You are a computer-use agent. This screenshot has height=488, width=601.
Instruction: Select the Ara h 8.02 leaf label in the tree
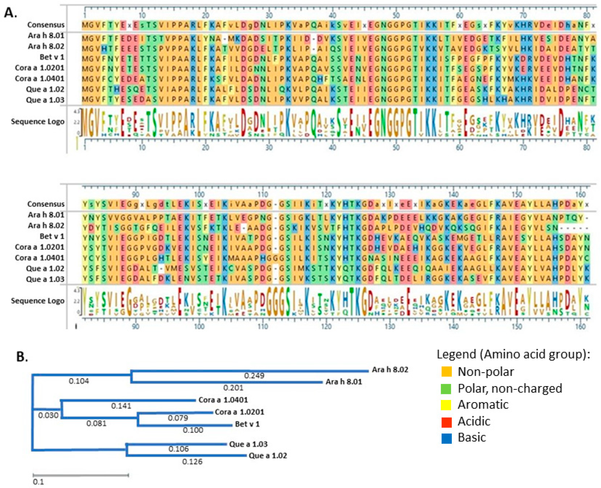coord(390,370)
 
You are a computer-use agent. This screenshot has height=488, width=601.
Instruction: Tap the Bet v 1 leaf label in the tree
coord(247,424)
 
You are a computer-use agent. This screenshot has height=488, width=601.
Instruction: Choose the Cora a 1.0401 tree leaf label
coord(223,400)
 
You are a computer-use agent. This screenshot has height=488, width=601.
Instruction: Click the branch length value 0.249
coord(254,376)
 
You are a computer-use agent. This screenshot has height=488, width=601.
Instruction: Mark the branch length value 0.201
coord(233,388)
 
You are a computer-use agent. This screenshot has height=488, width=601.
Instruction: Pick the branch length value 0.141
coord(121,406)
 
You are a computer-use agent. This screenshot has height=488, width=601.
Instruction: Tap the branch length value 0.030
coord(48,415)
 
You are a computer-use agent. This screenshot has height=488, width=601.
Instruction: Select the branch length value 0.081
coord(97,423)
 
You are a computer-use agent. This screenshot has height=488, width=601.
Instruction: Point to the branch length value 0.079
coord(178,418)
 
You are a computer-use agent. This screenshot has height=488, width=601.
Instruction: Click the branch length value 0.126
coord(192,462)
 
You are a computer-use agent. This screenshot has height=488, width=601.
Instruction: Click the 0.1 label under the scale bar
coord(38,482)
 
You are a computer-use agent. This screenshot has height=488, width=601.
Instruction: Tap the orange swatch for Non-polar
coord(446,372)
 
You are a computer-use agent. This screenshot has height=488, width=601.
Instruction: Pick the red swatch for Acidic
coord(446,422)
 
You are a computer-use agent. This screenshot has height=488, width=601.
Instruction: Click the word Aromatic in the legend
coord(483,405)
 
